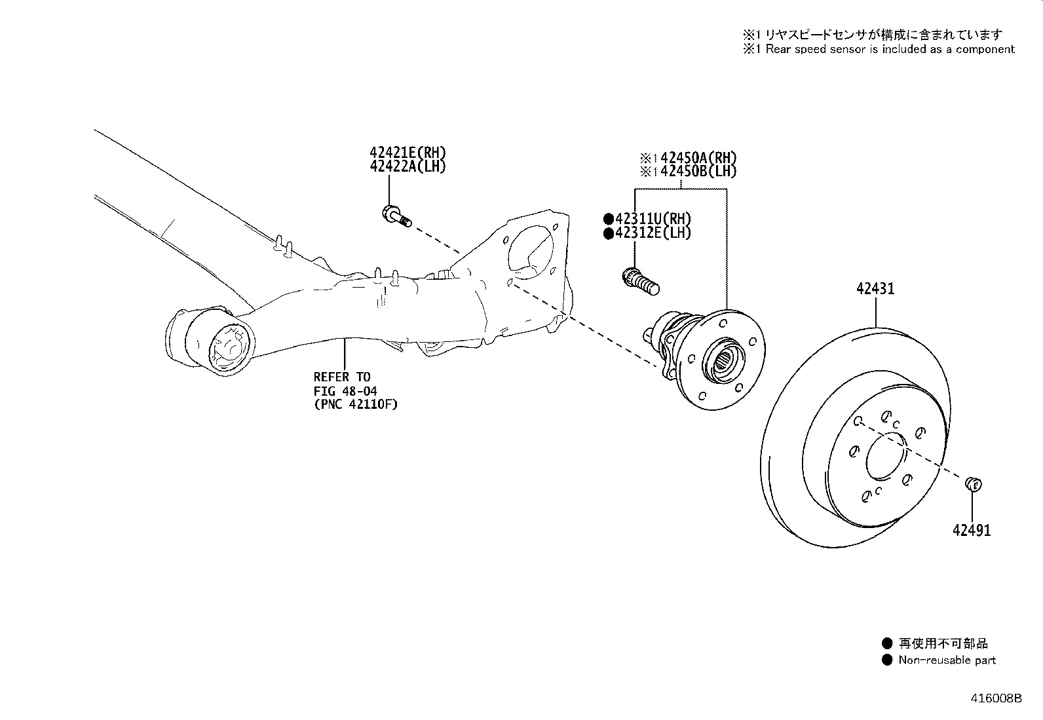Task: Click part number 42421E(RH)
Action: [408, 153]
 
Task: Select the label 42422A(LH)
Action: [408, 166]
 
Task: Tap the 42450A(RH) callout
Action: [698, 158]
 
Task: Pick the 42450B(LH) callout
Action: [698, 172]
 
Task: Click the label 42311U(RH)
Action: [653, 219]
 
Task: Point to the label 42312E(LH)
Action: [653, 233]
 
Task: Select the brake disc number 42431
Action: [875, 289]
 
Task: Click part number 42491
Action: [972, 531]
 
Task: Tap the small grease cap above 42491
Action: [973, 484]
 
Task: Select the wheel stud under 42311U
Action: [641, 281]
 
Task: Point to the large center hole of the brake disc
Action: [886, 456]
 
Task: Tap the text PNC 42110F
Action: [356, 404]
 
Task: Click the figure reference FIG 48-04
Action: [345, 390]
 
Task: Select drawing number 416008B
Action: [996, 698]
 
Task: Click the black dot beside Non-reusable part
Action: [887, 660]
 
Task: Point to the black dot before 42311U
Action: [608, 219]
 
